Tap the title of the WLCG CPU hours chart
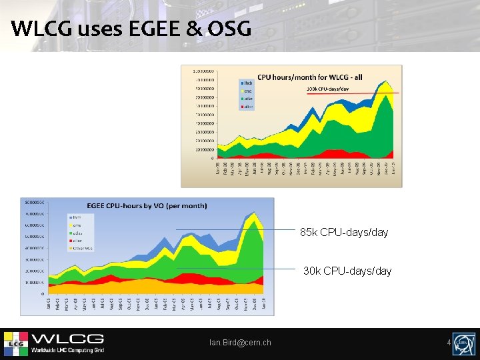[x=310, y=77]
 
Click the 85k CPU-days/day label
[x=343, y=233]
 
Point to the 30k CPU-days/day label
[x=347, y=271]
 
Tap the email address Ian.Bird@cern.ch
[x=240, y=343]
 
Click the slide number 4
[x=449, y=343]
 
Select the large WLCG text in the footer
[x=67, y=339]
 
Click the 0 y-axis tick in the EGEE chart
[x=43, y=293]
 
